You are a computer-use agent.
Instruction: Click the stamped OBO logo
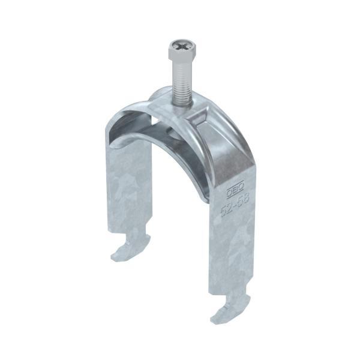point(231,191)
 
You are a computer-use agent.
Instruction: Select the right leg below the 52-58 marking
point(233,252)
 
